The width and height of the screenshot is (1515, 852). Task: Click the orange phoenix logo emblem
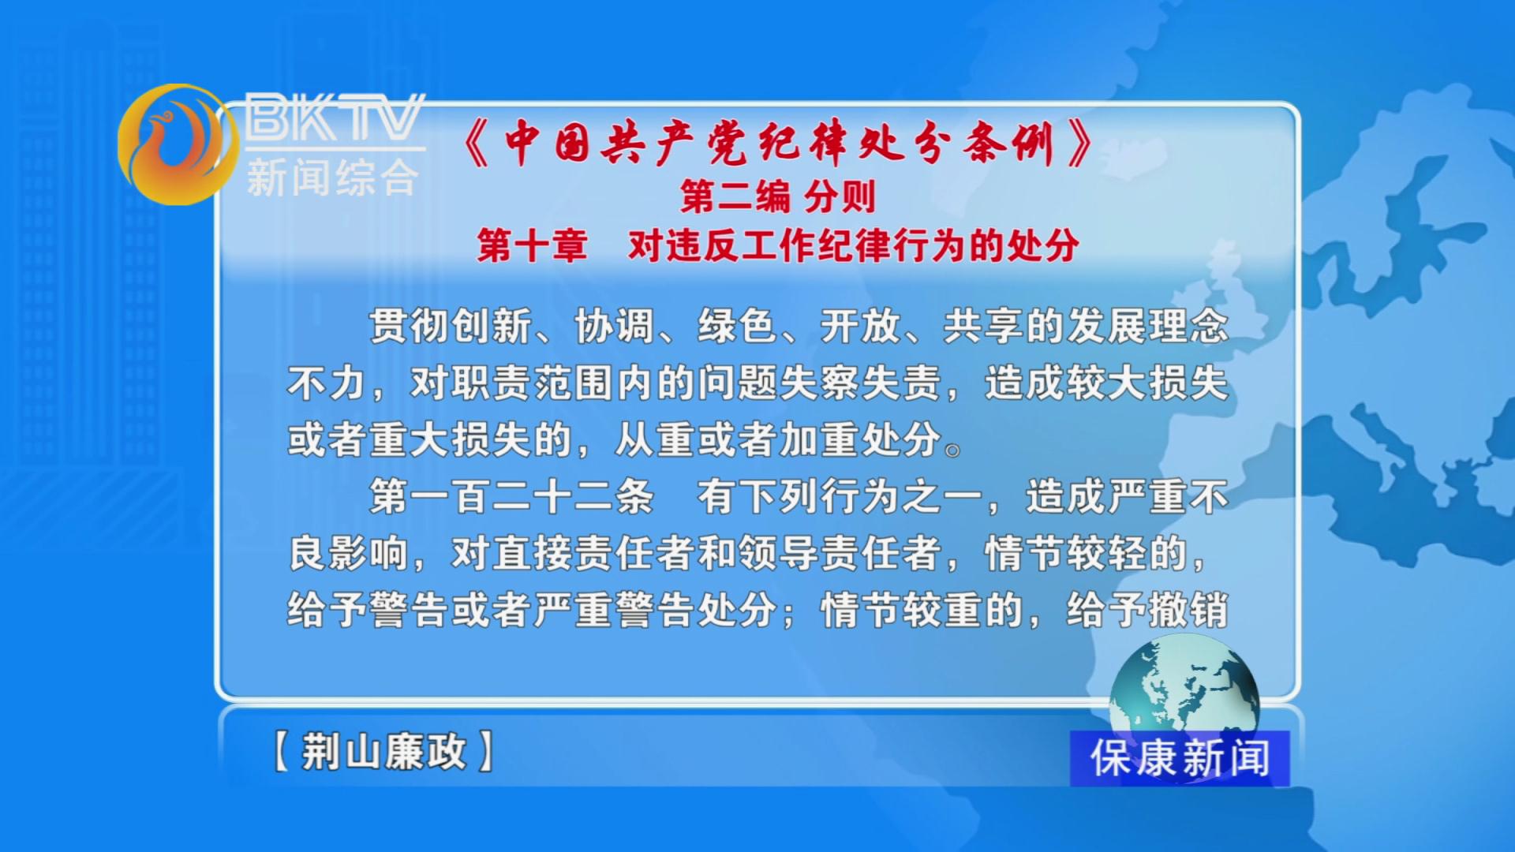click(x=178, y=144)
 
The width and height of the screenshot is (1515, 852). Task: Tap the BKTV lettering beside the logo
click(x=335, y=118)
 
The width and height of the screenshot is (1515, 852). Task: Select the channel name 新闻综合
click(x=332, y=177)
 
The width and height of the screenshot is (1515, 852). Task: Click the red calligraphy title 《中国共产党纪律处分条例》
click(x=779, y=144)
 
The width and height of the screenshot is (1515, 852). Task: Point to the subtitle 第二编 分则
click(x=778, y=196)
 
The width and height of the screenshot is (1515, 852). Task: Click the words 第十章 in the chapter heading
click(x=533, y=245)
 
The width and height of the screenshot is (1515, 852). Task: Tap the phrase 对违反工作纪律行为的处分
click(x=854, y=245)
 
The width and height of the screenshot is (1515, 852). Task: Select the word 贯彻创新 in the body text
click(x=451, y=326)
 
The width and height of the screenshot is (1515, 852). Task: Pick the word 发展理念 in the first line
click(x=1148, y=326)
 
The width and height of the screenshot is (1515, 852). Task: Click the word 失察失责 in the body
click(x=860, y=383)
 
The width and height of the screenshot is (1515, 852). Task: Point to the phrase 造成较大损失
click(x=1106, y=383)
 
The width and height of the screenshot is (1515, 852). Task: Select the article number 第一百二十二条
click(x=512, y=496)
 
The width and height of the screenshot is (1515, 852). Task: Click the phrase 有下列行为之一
click(x=840, y=496)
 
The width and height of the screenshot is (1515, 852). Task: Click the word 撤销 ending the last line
click(x=1188, y=610)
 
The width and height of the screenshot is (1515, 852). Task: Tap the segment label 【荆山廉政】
click(x=383, y=751)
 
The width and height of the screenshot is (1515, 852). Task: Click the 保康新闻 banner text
click(x=1180, y=758)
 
